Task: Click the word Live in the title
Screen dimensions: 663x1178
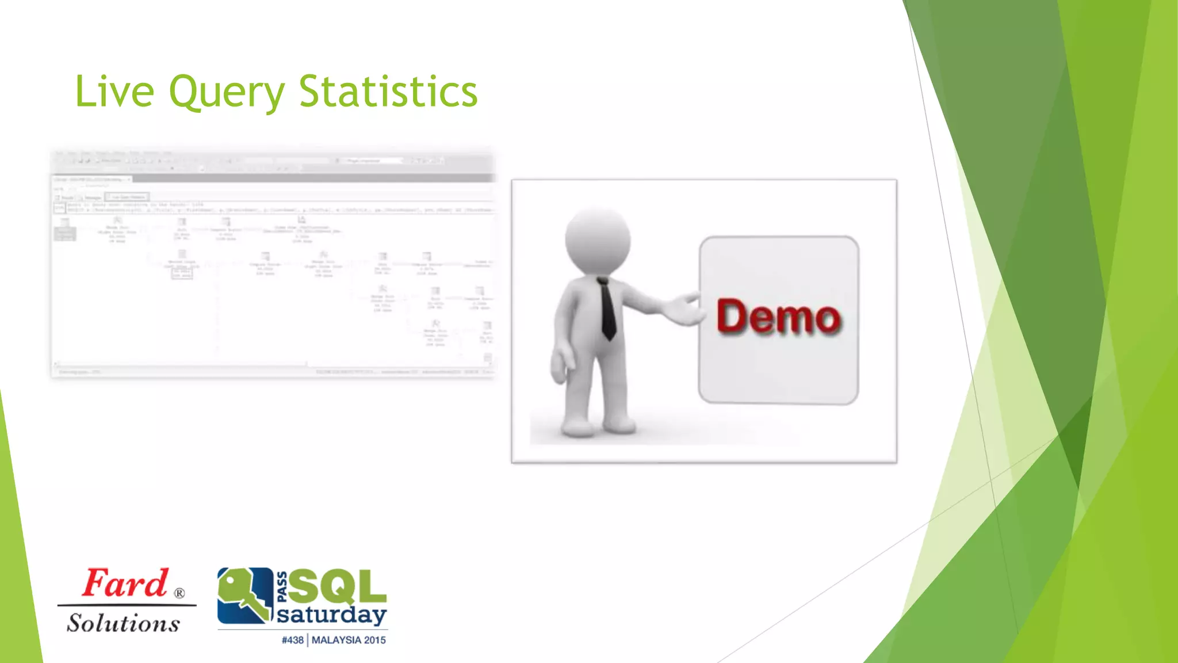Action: pos(114,92)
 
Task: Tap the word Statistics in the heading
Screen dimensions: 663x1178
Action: pos(388,92)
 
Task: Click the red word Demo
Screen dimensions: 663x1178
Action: pos(778,317)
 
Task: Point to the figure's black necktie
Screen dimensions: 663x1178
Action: pos(607,308)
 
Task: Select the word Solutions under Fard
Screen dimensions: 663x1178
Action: pos(123,623)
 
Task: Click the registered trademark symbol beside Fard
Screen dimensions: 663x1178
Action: pos(179,593)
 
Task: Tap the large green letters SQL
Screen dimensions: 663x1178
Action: pos(337,587)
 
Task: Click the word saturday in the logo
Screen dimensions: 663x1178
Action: pos(331,615)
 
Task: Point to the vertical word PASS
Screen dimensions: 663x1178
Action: pos(282,587)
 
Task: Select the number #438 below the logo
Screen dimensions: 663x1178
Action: pos(292,640)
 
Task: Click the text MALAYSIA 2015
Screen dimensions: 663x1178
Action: pos(349,640)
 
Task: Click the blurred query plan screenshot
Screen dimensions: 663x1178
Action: pos(273,262)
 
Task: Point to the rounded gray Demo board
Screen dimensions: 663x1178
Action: pos(778,368)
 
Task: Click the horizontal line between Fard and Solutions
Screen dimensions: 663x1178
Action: pos(127,605)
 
